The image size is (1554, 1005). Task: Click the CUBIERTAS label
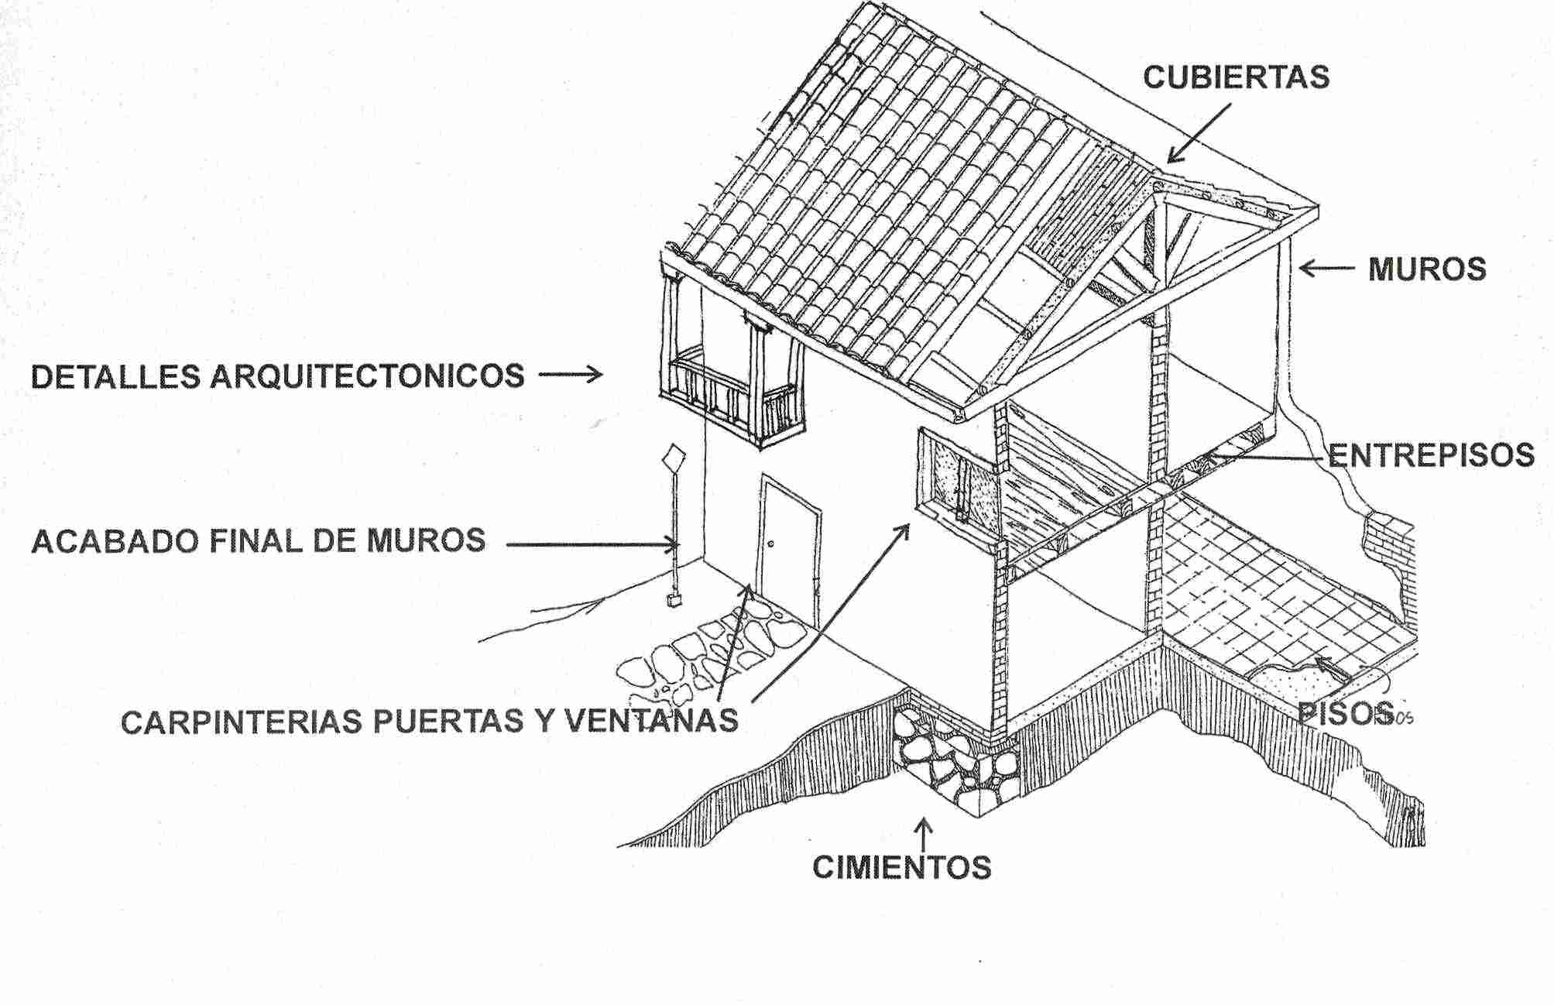(1236, 77)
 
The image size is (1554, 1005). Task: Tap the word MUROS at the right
(1427, 269)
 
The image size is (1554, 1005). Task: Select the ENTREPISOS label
(1431, 455)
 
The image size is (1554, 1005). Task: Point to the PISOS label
(1346, 713)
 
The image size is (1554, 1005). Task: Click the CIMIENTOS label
(902, 867)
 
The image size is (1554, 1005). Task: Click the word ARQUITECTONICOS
(368, 376)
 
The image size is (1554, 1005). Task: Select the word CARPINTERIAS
(243, 722)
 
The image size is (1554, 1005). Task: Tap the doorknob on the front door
(771, 545)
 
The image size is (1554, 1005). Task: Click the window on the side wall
(955, 480)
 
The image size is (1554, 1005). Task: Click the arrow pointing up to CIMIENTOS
(923, 835)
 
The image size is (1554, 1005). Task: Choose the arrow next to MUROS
(1326, 269)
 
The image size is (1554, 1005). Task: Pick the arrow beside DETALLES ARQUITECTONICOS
(571, 376)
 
